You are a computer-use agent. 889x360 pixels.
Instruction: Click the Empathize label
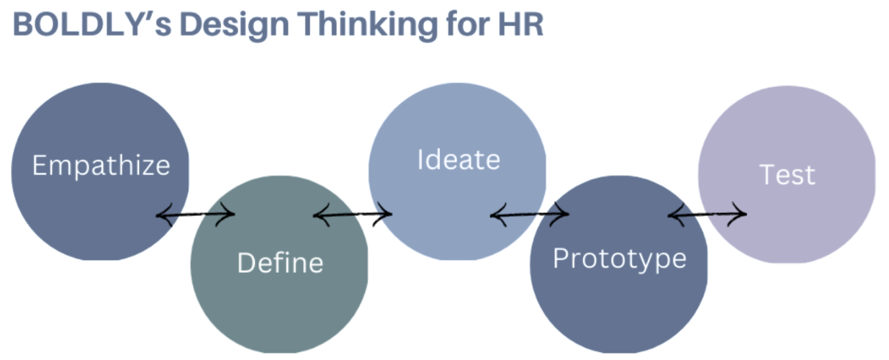(x=101, y=166)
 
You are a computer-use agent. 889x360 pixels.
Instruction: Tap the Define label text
(x=280, y=263)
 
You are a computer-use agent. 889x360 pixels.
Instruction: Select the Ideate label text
(x=459, y=159)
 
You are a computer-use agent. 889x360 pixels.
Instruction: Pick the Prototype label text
(x=619, y=258)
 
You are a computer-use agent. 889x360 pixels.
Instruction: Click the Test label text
(x=788, y=175)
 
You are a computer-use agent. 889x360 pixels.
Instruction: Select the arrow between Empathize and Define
(x=196, y=214)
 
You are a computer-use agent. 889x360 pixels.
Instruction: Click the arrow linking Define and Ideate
(x=353, y=214)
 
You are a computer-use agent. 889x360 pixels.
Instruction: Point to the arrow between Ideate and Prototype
(x=529, y=214)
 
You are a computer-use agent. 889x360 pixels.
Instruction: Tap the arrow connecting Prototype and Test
(x=707, y=214)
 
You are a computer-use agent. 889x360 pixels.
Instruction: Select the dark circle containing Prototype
(x=619, y=310)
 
